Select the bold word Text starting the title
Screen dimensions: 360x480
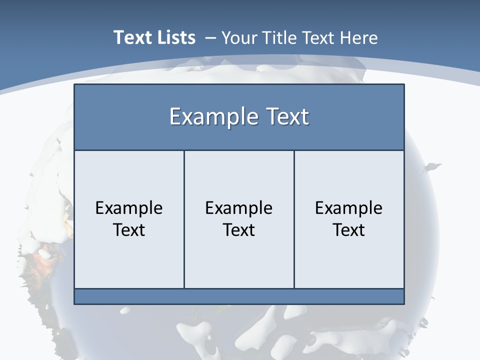[132, 37]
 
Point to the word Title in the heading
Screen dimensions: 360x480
[277, 38]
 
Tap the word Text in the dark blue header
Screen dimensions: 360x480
[286, 117]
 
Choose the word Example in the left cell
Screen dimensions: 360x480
[129, 208]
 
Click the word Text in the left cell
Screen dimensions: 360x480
[129, 230]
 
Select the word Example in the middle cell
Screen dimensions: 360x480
[239, 208]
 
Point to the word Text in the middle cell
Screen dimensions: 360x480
[239, 230]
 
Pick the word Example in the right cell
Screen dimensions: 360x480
[348, 208]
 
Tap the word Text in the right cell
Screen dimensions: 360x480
[348, 230]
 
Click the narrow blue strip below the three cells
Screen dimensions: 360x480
[239, 296]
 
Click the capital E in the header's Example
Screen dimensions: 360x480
[175, 117]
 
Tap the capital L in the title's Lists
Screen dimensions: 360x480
[158, 37]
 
